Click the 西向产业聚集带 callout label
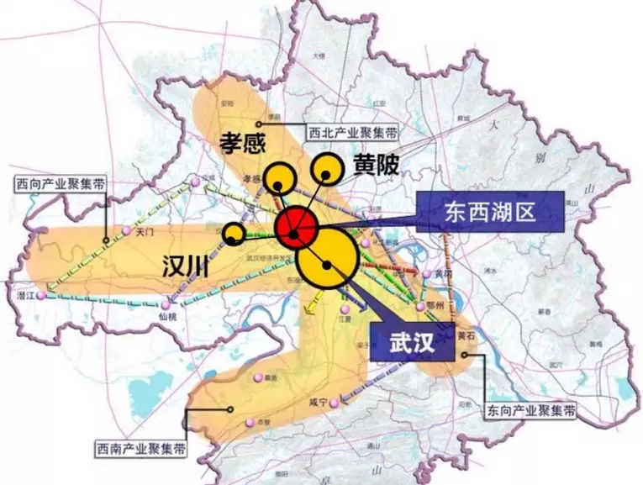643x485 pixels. point(60,184)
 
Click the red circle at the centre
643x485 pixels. point(296,226)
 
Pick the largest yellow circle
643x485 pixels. point(325,260)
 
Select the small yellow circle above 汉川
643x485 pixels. point(235,234)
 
